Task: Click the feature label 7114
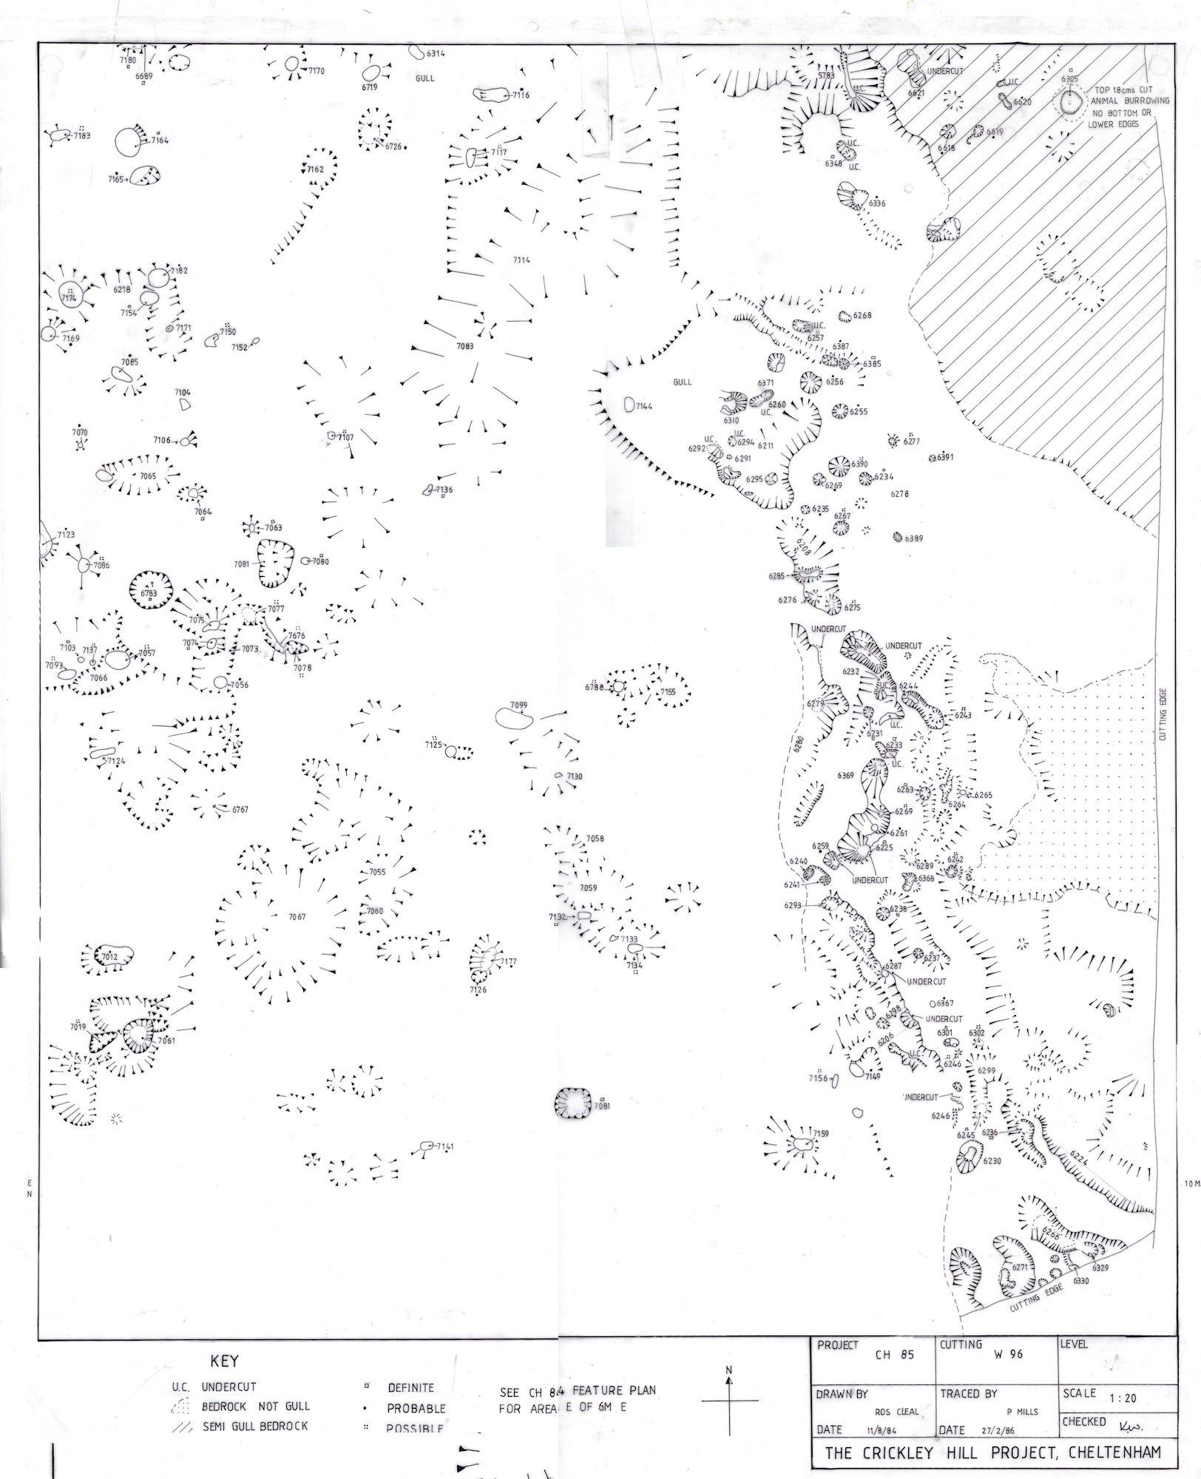click(521, 260)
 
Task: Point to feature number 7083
click(464, 346)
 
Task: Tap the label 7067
click(297, 917)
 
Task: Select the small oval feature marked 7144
click(629, 405)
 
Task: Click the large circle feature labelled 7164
click(128, 141)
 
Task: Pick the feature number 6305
click(1069, 78)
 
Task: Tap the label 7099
click(518, 705)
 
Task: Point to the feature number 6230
click(992, 1161)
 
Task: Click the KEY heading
click(225, 1361)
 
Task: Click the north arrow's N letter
click(729, 1370)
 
